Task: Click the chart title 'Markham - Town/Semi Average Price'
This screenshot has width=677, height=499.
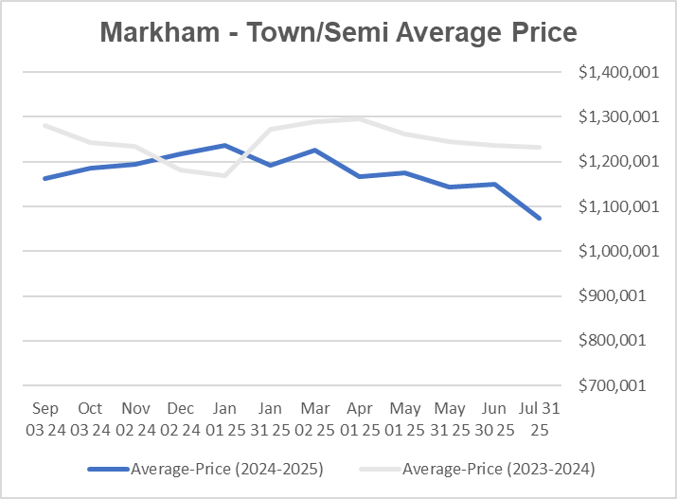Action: point(338,32)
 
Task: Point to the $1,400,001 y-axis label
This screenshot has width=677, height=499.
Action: point(610,72)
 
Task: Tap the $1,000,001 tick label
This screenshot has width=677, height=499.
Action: point(610,251)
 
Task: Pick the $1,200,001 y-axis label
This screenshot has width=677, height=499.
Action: point(610,162)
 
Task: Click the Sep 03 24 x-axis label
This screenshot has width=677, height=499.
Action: point(45,418)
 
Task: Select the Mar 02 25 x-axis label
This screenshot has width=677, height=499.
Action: point(314,418)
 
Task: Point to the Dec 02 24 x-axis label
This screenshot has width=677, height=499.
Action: point(180,418)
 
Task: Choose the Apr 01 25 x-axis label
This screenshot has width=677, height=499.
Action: point(359,418)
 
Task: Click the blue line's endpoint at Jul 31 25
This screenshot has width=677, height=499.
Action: point(541,219)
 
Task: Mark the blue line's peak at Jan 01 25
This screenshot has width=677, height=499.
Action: point(224,145)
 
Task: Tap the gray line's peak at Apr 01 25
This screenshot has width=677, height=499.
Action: point(359,118)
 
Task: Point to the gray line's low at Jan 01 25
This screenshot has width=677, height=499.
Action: point(224,175)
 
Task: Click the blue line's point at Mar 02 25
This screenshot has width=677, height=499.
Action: point(314,150)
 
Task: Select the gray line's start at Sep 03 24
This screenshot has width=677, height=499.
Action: point(45,125)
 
